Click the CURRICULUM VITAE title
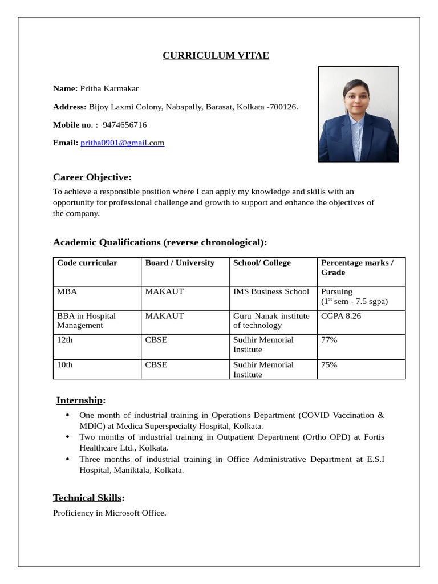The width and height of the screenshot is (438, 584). [x=216, y=55]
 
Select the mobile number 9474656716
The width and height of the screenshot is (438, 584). [x=124, y=124]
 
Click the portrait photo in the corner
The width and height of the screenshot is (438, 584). [x=358, y=114]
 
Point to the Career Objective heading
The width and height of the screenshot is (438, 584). [x=92, y=177]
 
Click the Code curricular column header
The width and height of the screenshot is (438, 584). [x=87, y=263]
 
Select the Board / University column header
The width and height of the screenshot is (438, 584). [x=180, y=263]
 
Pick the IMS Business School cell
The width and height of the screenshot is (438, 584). [x=271, y=291]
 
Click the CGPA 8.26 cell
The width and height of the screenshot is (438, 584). [x=341, y=315]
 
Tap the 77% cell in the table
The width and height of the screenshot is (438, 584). [x=329, y=340]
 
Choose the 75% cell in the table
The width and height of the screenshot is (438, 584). [x=329, y=364]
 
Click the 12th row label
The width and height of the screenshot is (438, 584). [x=65, y=340]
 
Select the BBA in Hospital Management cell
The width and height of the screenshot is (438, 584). [x=86, y=321]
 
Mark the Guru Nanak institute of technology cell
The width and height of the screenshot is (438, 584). [x=271, y=321]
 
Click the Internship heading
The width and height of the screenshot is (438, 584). [x=80, y=400]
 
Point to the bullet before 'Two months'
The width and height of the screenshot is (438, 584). [x=68, y=437]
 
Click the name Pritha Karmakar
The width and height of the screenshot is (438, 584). [x=109, y=88]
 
